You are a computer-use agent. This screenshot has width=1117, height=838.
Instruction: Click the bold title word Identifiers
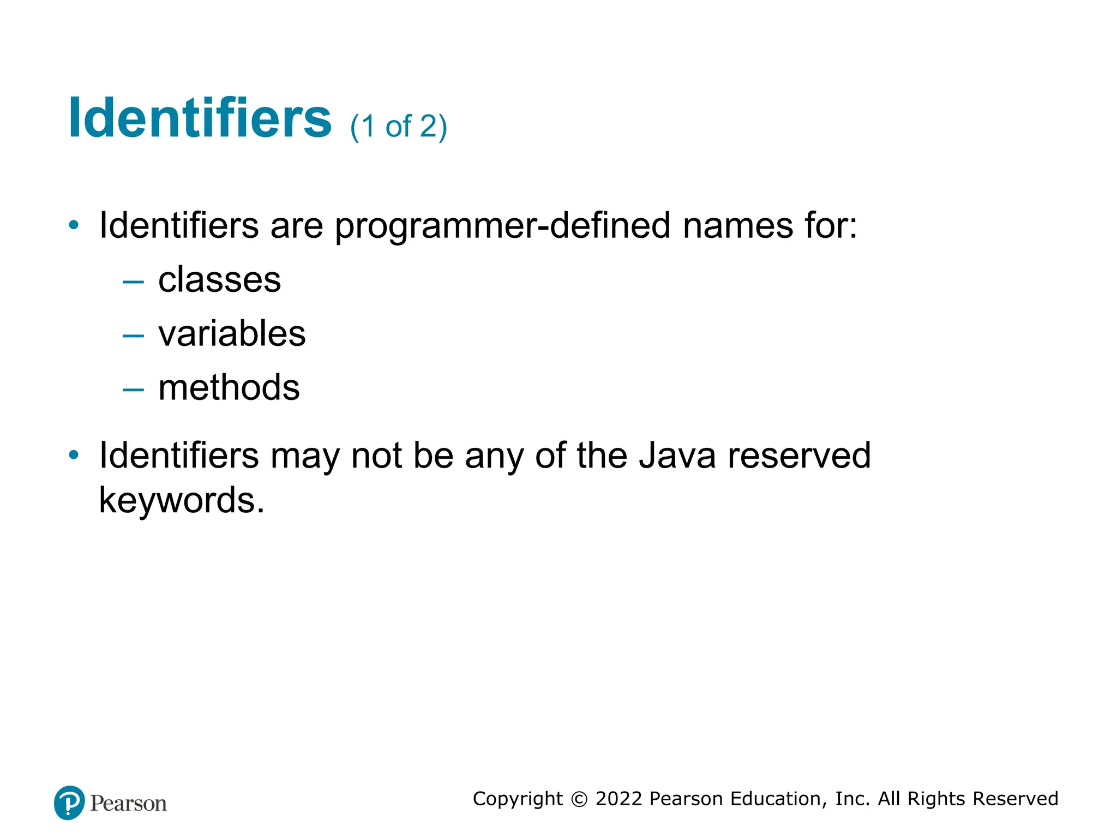pyautogui.click(x=200, y=118)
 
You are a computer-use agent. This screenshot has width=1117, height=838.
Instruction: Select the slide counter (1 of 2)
pyautogui.click(x=398, y=127)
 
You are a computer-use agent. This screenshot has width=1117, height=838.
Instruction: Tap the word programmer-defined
pyautogui.click(x=502, y=226)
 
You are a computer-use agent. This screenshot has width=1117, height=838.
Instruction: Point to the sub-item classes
pyautogui.click(x=219, y=280)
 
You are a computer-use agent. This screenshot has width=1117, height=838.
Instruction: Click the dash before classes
pyautogui.click(x=133, y=282)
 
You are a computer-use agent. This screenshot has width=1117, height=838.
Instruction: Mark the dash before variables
pyautogui.click(x=133, y=336)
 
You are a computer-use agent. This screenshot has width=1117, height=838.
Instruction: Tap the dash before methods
pyautogui.click(x=133, y=390)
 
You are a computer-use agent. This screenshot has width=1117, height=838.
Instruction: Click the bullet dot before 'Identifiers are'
pyautogui.click(x=74, y=225)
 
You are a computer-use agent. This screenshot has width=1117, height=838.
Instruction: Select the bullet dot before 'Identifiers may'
pyautogui.click(x=74, y=454)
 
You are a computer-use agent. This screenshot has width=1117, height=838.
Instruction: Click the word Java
pyautogui.click(x=677, y=456)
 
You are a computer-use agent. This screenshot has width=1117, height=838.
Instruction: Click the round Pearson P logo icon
pyautogui.click(x=69, y=803)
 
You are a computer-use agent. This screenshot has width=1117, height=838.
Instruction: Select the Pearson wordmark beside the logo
pyautogui.click(x=129, y=804)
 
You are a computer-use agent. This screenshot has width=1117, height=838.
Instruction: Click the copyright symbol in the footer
pyautogui.click(x=579, y=799)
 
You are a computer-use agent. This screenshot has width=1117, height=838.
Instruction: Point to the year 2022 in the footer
pyautogui.click(x=618, y=799)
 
